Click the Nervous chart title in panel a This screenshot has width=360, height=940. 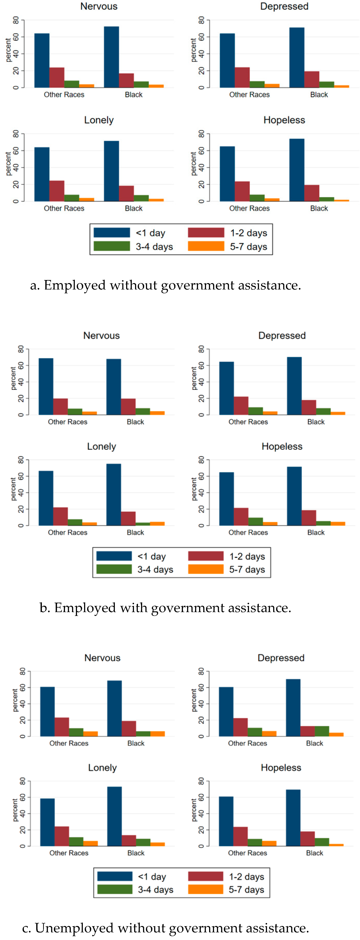pyautogui.click(x=99, y=6)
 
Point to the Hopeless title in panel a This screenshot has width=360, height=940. pyautogui.click(x=284, y=120)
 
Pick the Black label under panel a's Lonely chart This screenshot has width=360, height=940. pyautogui.click(x=133, y=208)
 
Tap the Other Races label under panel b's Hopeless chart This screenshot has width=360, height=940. pyautogui.click(x=248, y=532)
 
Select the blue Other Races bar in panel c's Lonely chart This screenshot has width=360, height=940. pyautogui.click(x=48, y=823)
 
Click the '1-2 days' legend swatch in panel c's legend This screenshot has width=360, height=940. pyautogui.click(x=205, y=876)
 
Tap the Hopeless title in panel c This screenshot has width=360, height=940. pyautogui.click(x=281, y=768)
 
